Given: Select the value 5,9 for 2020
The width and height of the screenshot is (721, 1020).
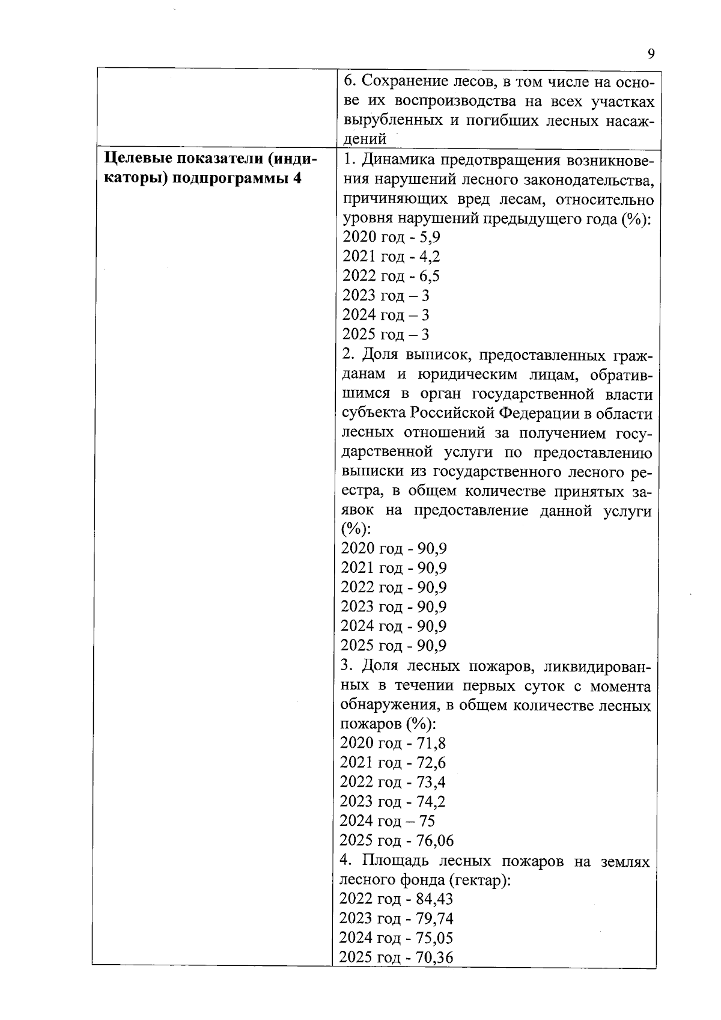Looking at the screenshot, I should coord(430,237).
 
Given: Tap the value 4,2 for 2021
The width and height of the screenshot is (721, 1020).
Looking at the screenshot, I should coord(430,257).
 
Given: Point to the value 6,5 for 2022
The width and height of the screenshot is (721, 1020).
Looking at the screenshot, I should coord(430,276).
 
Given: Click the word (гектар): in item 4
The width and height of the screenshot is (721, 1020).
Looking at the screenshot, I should coord(479,880).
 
